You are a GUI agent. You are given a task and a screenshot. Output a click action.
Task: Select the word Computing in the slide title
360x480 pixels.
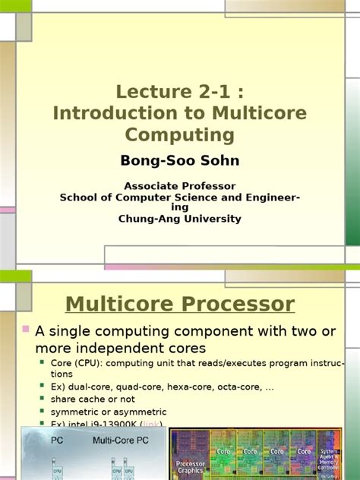point(180,134)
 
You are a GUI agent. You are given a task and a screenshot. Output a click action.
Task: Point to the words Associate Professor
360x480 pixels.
point(180,186)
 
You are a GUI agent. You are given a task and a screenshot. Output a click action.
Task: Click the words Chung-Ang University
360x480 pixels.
point(180,219)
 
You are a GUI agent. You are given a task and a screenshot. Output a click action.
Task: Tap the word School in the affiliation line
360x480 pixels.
point(77,197)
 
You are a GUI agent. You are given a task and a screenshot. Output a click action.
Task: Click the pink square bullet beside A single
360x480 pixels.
point(26,330)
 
